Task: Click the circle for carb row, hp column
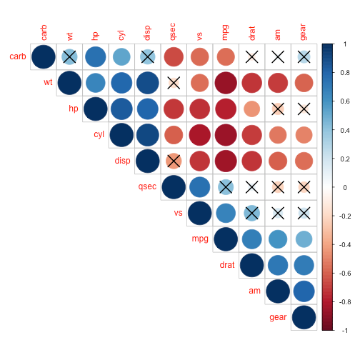95,56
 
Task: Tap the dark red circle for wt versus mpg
226,82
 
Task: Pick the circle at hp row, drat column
252,109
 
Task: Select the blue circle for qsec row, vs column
200,187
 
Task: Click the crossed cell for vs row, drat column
252,213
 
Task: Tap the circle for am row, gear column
304,291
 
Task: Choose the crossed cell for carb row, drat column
252,56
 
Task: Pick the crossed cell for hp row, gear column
304,109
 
